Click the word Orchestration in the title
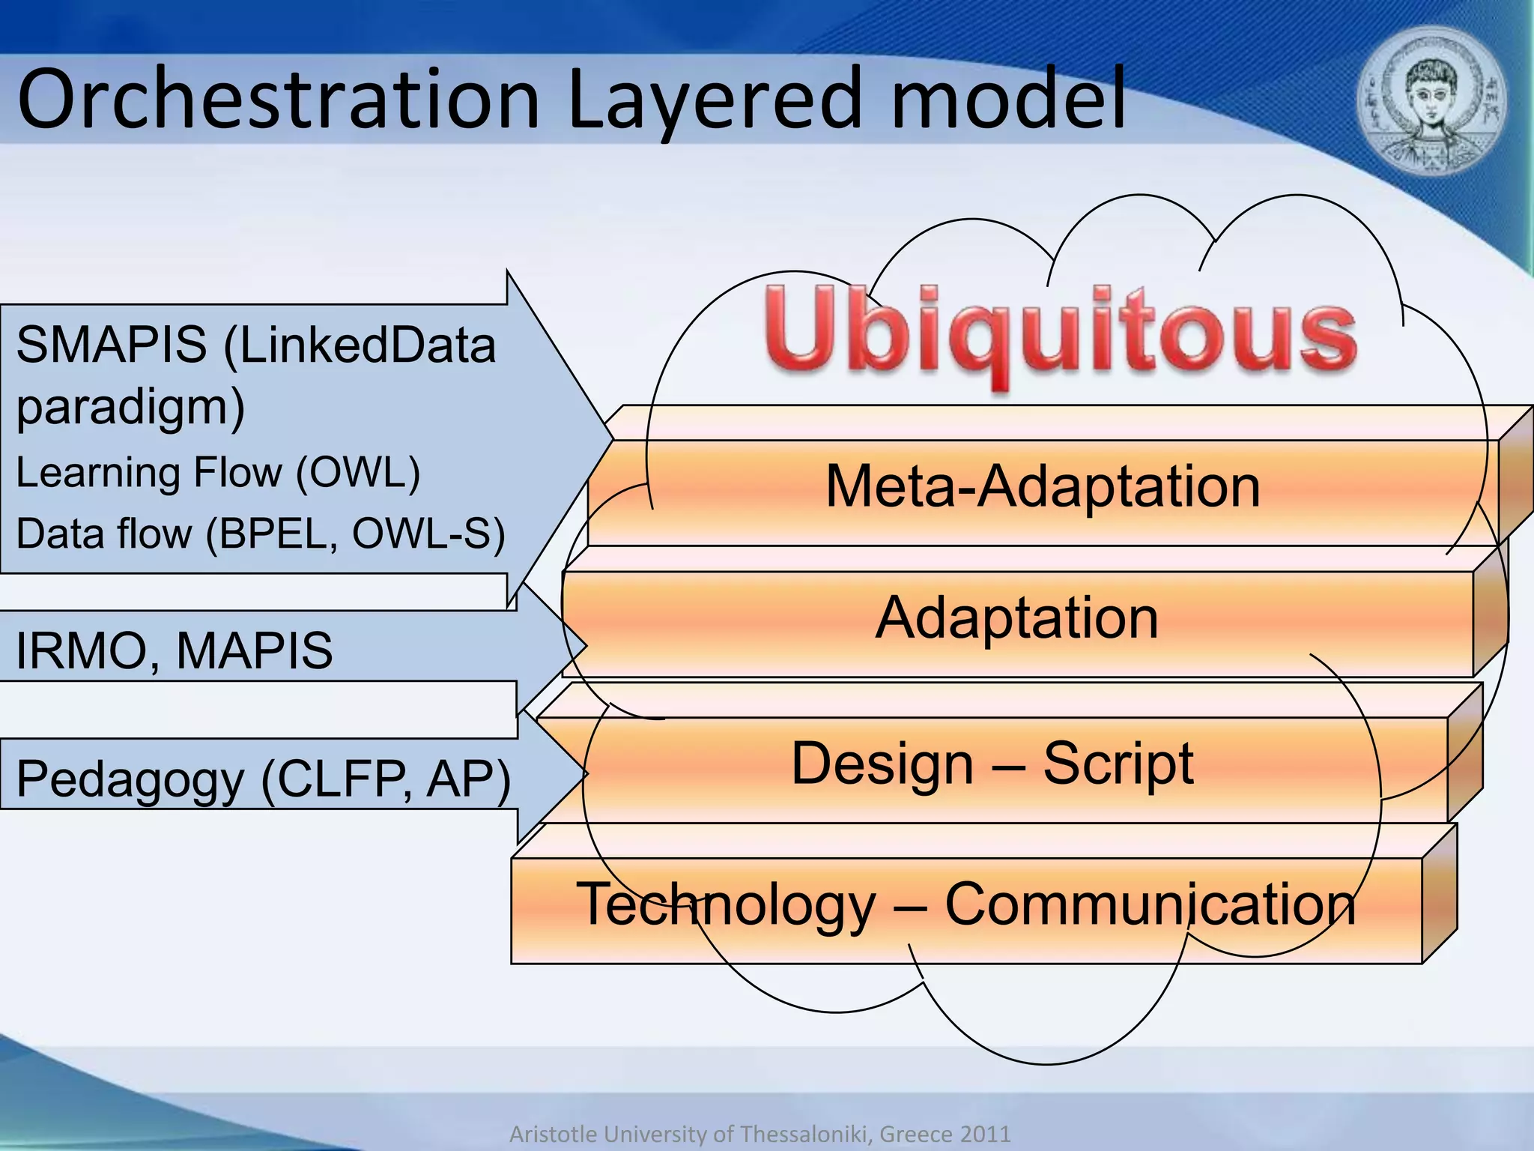pos(277,100)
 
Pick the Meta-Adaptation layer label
pos(1043,487)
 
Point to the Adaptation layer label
pos(1016,618)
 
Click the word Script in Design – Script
pos(1118,764)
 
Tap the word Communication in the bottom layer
pos(1150,904)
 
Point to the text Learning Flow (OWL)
pos(217,473)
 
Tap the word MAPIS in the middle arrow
pos(254,650)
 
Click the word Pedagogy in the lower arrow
pos(130,779)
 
